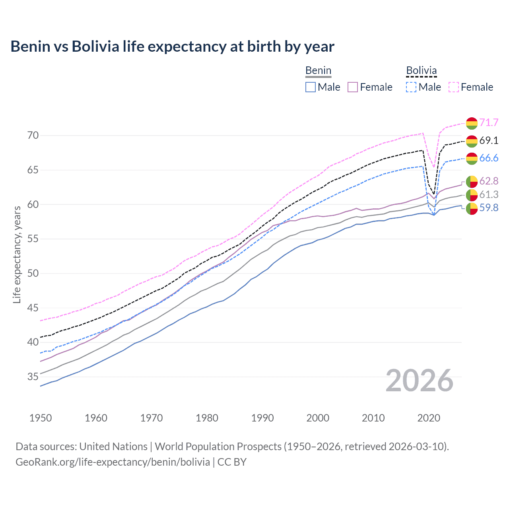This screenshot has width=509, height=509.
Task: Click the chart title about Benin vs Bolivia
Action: click(172, 47)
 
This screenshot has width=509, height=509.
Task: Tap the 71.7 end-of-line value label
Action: click(489, 122)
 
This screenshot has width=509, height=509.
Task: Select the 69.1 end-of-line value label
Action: click(489, 140)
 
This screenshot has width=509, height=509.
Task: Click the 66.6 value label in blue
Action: click(489, 158)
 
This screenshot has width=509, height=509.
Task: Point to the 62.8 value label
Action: click(489, 181)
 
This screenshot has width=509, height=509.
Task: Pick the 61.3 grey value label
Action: click(489, 194)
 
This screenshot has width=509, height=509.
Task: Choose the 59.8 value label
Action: click(489, 208)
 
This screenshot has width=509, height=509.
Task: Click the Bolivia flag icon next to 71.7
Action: click(472, 123)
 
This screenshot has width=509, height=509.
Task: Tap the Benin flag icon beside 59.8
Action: click(472, 208)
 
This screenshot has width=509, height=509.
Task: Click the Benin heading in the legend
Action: click(318, 71)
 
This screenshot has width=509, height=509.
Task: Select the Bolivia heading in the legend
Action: click(421, 71)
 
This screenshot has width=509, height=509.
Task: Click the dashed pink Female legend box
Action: click(454, 87)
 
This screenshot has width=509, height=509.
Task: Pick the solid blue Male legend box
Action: click(311, 87)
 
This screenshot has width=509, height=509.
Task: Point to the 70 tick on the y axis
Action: click(33, 136)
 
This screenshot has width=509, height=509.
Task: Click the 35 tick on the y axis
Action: click(33, 377)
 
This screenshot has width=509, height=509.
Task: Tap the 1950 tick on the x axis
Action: click(41, 418)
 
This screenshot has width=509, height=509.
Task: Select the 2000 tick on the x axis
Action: click(318, 418)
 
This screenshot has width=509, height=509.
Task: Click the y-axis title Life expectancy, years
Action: click(17, 254)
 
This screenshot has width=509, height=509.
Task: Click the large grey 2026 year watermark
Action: click(420, 381)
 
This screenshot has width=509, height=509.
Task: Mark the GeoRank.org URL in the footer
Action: click(113, 462)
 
